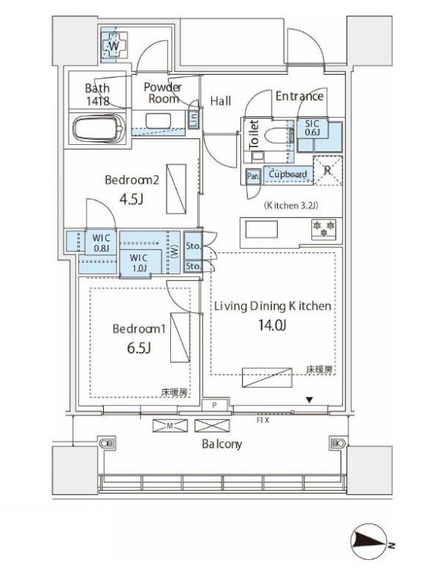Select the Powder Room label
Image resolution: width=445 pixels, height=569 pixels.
point(162,93)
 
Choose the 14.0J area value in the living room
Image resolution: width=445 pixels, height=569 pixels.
point(272,325)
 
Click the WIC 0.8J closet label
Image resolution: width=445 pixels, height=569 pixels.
point(102,243)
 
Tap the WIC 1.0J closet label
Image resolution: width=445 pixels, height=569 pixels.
point(142,262)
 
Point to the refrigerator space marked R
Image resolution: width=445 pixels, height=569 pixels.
point(327,170)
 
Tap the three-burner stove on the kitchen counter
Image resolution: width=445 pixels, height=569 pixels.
point(323,228)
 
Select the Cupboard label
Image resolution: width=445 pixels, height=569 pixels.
point(287,175)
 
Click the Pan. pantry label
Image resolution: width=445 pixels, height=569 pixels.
point(253,175)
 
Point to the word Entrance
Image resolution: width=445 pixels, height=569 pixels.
point(299,96)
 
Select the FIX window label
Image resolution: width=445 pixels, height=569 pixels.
point(262,420)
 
